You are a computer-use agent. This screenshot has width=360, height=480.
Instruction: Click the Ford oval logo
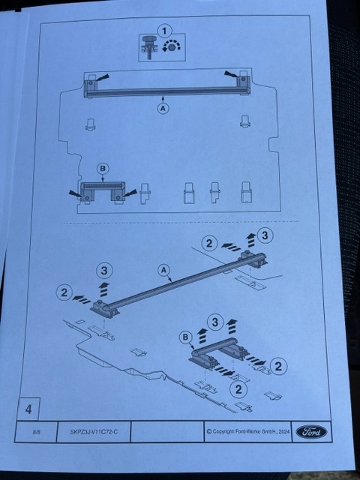311,432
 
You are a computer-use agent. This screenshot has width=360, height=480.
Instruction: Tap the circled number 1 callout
164,31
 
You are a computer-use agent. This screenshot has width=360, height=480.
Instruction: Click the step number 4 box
28,409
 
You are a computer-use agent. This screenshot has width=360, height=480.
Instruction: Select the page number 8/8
37,432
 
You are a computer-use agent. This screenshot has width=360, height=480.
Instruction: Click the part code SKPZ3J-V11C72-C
94,432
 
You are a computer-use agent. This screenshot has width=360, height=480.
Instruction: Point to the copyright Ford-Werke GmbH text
248,432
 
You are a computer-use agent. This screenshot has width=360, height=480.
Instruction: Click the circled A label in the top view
163,108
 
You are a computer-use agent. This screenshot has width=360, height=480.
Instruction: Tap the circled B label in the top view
103,168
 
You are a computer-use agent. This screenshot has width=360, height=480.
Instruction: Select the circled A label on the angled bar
163,270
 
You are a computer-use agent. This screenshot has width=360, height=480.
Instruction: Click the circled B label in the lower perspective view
185,337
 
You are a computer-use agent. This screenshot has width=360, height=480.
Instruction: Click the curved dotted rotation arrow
172,45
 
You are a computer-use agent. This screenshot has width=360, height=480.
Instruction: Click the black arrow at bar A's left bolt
102,77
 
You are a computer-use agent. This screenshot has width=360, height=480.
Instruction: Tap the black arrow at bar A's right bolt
232,74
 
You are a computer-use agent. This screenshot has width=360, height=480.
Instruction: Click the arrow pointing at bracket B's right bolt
129,193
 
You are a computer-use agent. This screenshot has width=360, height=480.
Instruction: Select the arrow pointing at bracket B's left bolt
76,194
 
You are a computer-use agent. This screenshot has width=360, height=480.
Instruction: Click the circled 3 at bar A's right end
265,235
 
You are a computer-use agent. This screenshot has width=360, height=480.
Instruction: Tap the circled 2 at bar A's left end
64,292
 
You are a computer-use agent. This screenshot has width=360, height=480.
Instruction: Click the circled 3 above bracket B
215,322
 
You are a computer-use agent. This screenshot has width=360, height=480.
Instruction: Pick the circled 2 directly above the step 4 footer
238,389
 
